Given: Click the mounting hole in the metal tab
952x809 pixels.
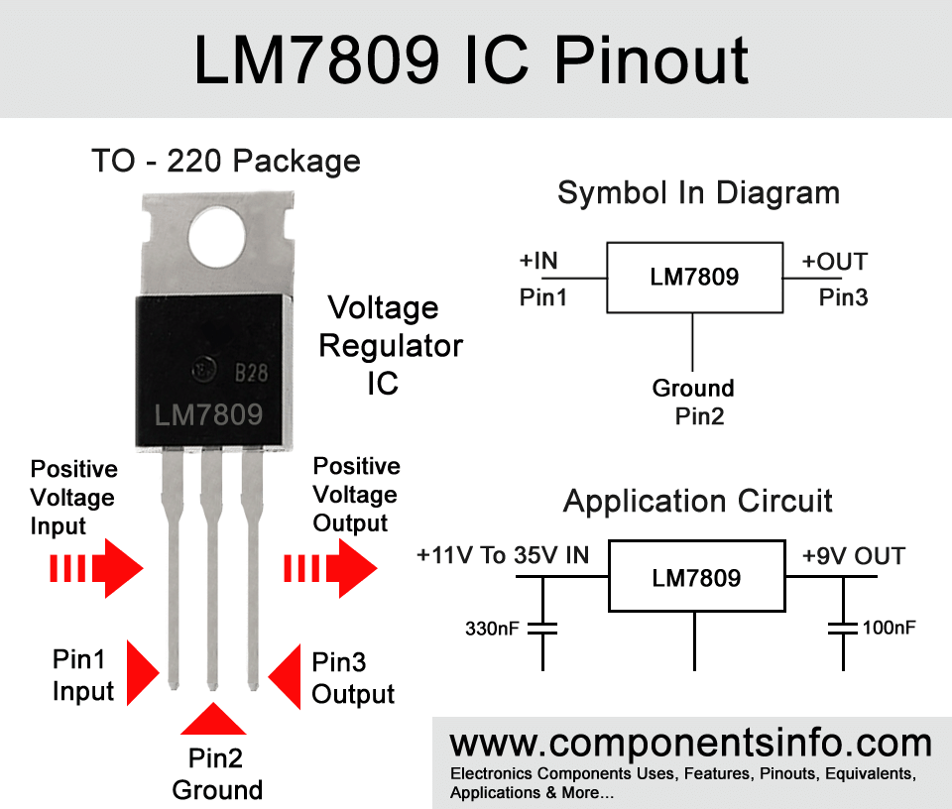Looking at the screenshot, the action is (217, 237).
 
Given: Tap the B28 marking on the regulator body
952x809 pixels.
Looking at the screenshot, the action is (251, 373).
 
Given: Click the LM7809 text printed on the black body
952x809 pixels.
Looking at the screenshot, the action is (208, 415).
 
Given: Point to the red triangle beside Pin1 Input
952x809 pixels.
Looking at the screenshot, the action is (143, 672).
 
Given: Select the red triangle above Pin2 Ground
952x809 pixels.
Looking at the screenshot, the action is (213, 719).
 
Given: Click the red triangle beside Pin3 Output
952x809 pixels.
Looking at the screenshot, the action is (285, 677).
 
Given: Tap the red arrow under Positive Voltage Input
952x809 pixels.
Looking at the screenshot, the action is (96, 568).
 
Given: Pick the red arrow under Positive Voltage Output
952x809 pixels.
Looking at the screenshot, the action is (330, 568).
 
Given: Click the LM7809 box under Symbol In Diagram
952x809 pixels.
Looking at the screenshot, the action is (694, 278).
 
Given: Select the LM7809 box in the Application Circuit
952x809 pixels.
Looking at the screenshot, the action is (697, 576).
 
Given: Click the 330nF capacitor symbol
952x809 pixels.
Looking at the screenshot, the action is (542, 628).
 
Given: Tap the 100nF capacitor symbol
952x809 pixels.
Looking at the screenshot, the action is (843, 628).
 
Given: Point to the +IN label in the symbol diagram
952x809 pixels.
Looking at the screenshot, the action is (537, 261).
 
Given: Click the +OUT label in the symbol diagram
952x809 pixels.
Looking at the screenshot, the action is (835, 262).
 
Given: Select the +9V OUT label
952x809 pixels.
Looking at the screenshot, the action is (854, 556).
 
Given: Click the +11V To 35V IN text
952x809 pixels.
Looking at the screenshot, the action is (503, 555).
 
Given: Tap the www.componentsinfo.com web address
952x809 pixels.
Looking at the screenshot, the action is (691, 743).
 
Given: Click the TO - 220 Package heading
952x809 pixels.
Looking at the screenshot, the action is (226, 162).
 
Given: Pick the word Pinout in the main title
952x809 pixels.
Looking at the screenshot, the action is (653, 59).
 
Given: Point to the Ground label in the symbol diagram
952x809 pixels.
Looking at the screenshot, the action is (693, 388).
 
